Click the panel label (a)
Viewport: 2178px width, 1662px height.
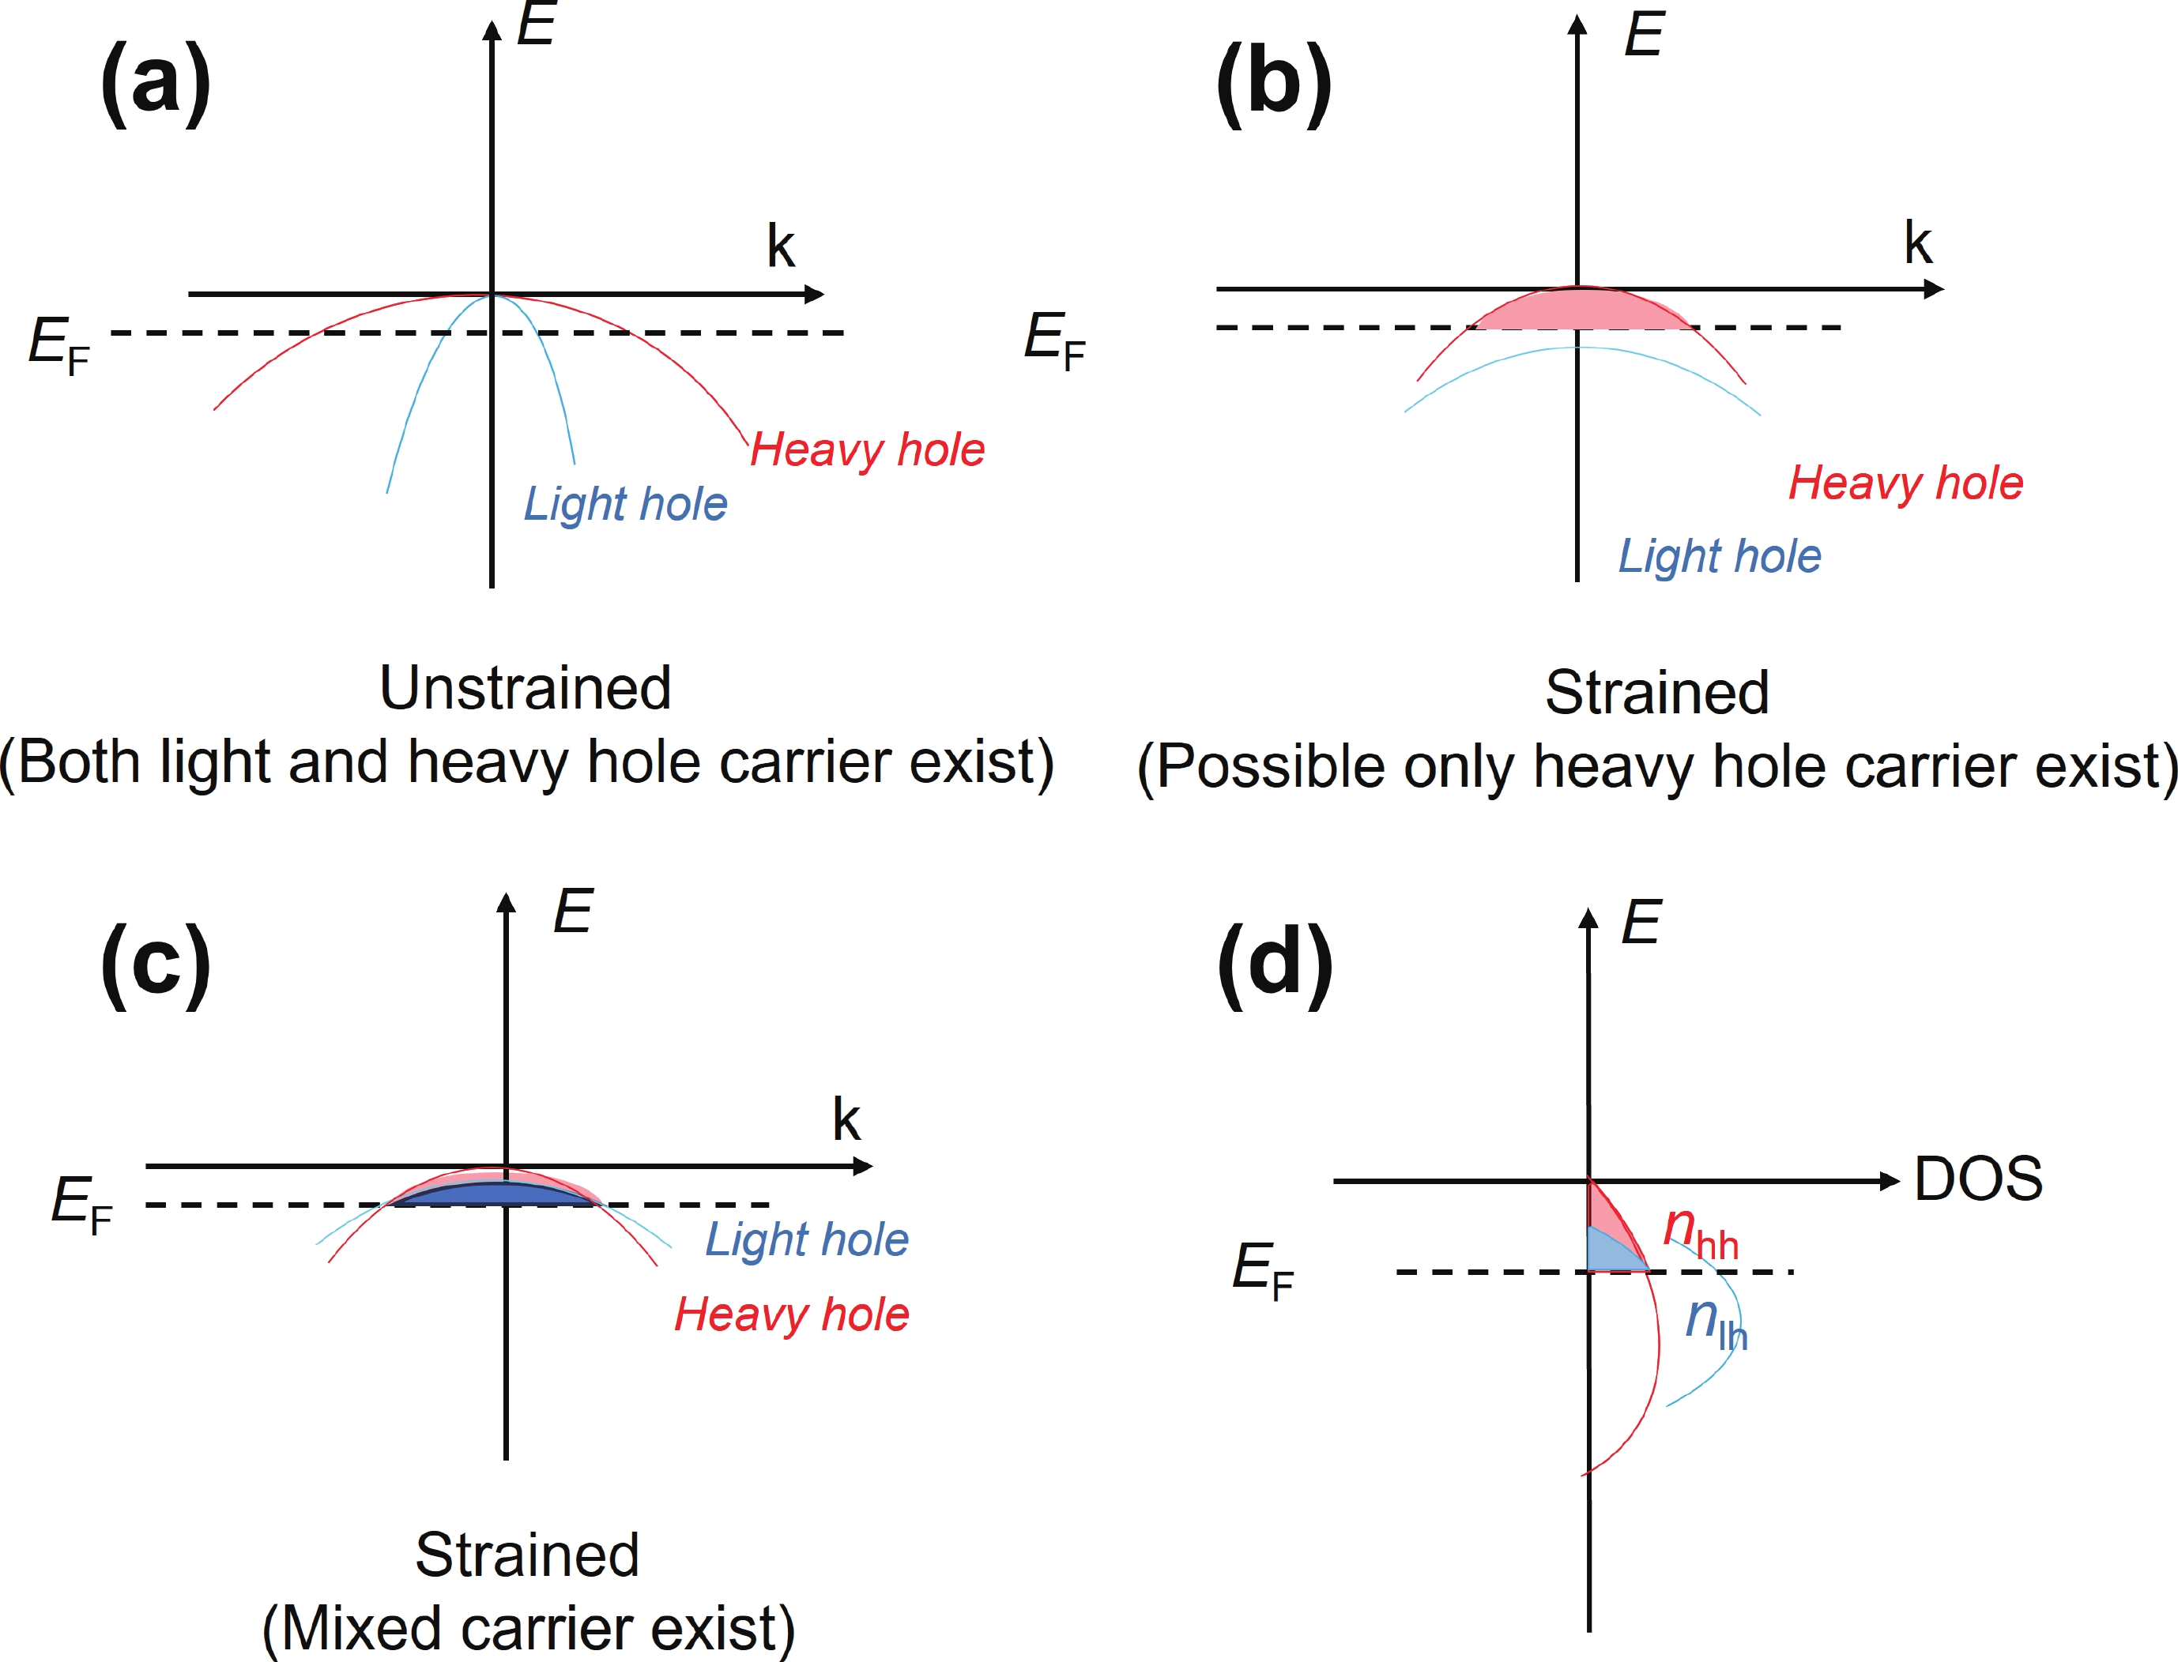click(x=156, y=83)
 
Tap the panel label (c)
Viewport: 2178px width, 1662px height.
click(x=156, y=964)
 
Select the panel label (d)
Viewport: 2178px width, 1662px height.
click(x=1275, y=964)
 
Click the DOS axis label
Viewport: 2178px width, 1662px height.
click(x=1978, y=1179)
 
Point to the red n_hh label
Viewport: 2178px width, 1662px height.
click(x=1699, y=1232)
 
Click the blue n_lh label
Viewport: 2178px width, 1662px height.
click(x=1716, y=1322)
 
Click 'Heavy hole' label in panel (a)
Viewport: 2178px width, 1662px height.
click(x=867, y=449)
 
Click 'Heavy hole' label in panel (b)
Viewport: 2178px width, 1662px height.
click(x=1905, y=483)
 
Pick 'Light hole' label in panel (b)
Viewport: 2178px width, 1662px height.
click(x=1719, y=556)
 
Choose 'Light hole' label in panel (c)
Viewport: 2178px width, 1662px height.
click(x=807, y=1239)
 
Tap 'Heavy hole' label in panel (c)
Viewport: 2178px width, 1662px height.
click(x=792, y=1314)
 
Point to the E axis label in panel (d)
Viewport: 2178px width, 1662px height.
click(x=1641, y=922)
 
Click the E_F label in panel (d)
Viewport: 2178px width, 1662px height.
click(x=1263, y=1269)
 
